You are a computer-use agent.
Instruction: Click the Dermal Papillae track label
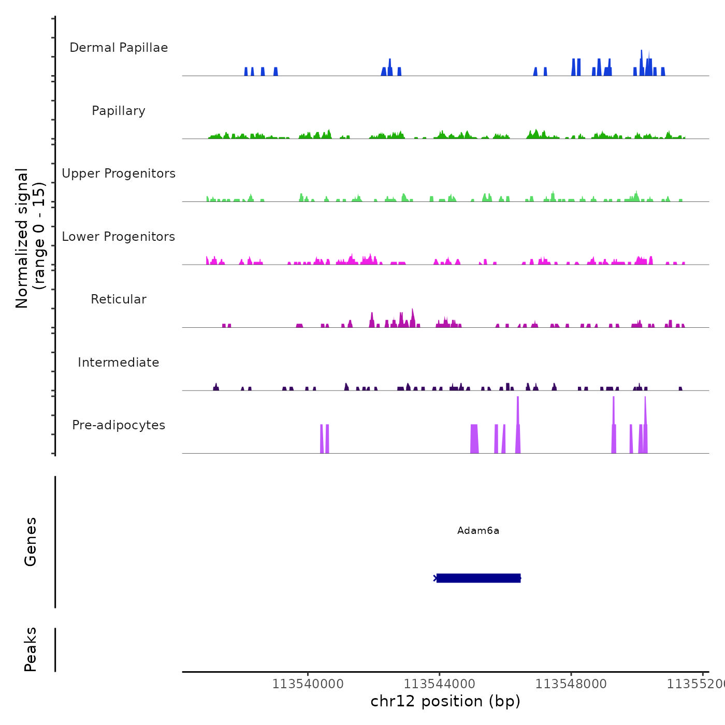[119, 48]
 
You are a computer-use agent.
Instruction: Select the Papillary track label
[119, 111]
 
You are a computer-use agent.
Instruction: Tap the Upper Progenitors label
[119, 173]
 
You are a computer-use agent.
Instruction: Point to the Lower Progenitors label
[119, 237]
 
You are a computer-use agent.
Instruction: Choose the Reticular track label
[119, 299]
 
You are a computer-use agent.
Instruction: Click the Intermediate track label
[119, 363]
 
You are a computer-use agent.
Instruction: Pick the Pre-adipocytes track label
[119, 425]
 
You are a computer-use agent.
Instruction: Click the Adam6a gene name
[478, 530]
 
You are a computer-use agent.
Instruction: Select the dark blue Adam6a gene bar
[478, 578]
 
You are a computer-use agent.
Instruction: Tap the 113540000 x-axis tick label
[308, 684]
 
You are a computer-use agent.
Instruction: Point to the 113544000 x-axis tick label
[439, 684]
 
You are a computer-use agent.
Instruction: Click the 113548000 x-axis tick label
[571, 684]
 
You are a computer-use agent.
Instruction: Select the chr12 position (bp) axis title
[445, 701]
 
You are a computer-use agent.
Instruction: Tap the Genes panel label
[31, 542]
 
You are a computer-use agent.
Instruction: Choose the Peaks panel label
[31, 649]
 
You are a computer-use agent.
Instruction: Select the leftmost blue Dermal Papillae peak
[246, 71]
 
